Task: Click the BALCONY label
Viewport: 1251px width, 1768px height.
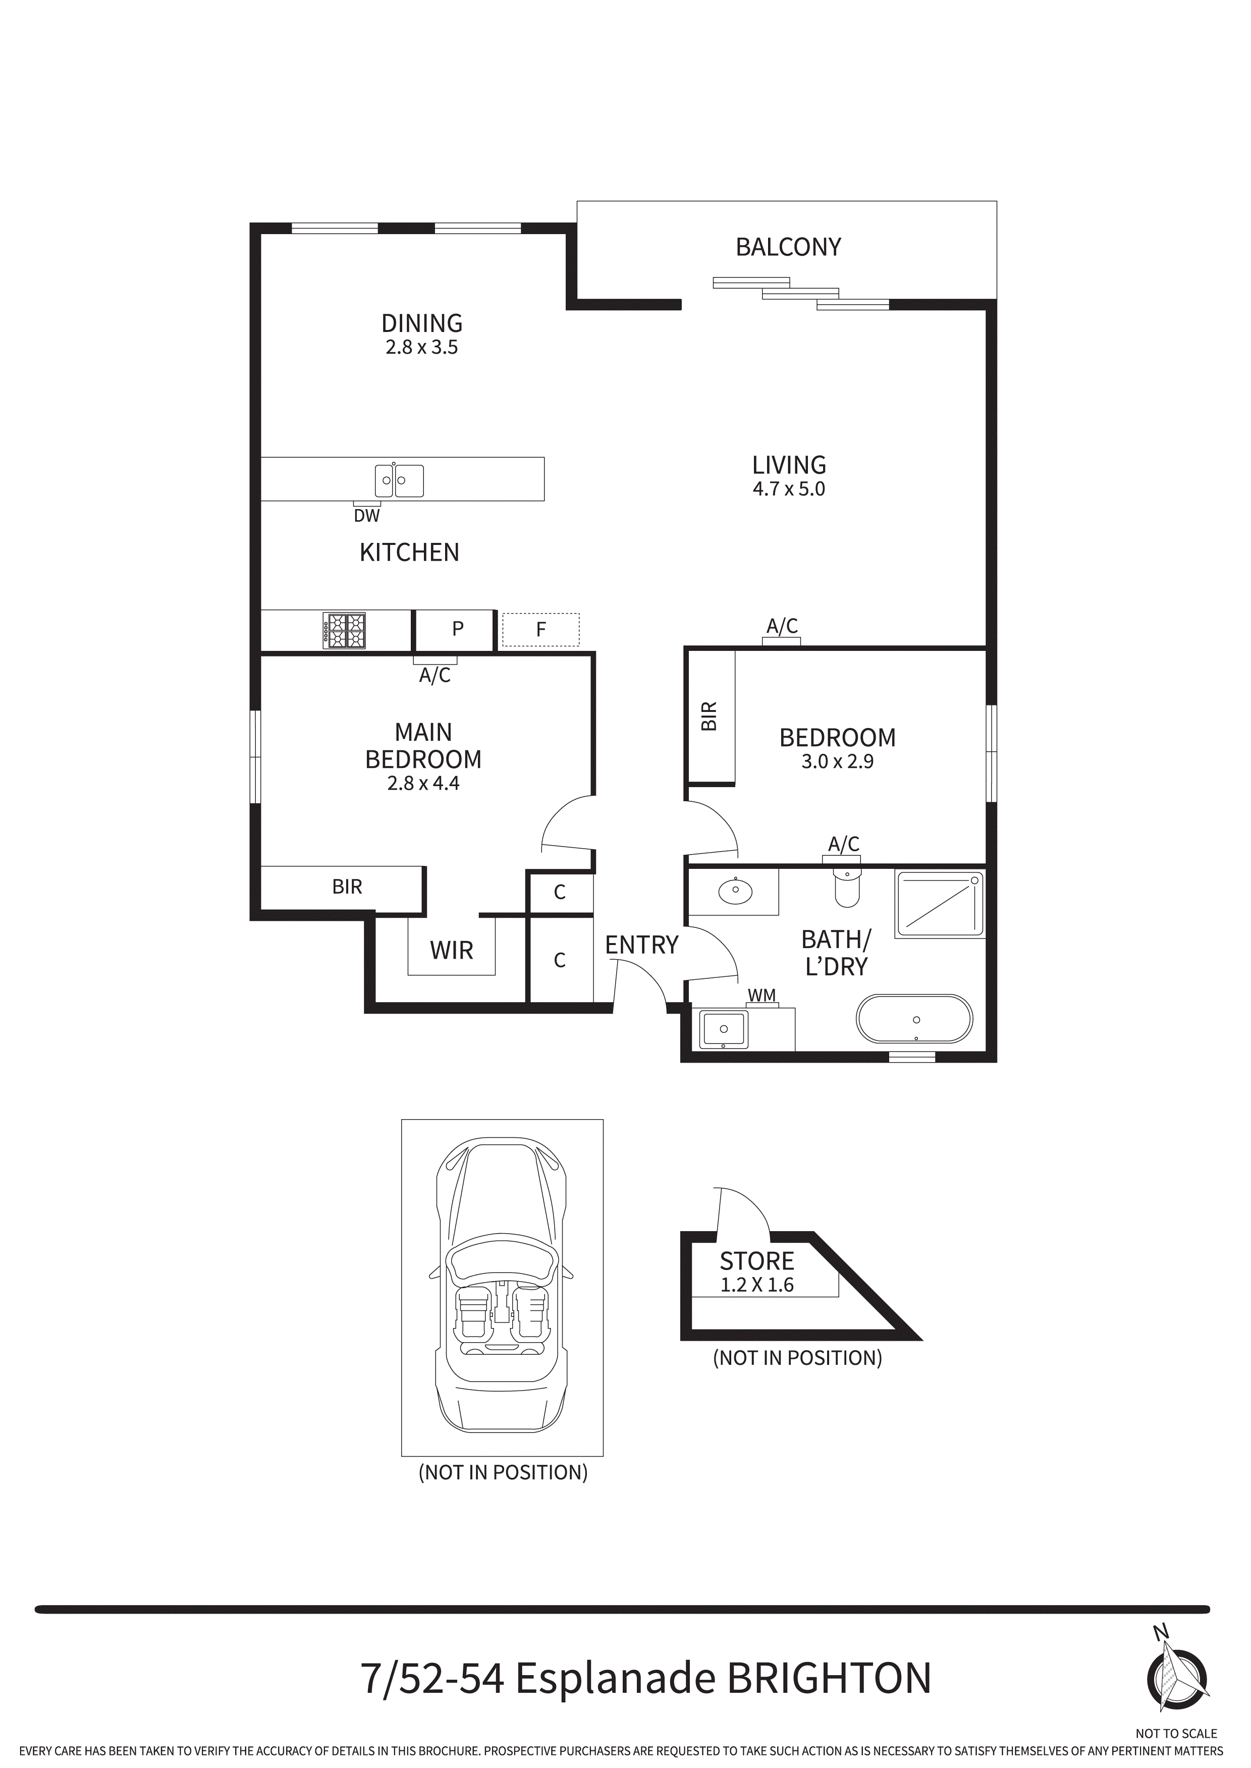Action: tap(788, 247)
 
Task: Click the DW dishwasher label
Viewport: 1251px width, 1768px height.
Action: tap(367, 516)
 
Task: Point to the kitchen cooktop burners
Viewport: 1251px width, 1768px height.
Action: tap(344, 631)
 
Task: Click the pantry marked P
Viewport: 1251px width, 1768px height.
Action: tap(458, 629)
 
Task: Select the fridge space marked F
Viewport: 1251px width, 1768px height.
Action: tap(541, 630)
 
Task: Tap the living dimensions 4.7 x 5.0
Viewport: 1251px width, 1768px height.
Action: tap(788, 489)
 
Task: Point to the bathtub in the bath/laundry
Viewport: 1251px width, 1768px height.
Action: tap(914, 1020)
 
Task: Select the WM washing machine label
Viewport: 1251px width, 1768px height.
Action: tap(762, 996)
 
